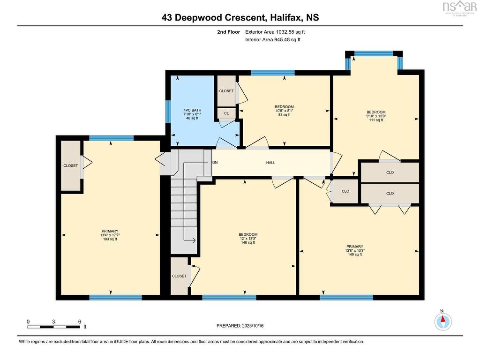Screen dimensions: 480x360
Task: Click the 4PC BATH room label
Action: click(x=192, y=110)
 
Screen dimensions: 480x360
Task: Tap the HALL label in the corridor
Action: click(x=270, y=163)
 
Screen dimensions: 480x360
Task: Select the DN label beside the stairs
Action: click(x=215, y=162)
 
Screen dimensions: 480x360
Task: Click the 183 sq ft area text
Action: click(x=110, y=239)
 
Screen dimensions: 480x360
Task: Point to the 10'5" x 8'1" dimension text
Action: click(x=285, y=111)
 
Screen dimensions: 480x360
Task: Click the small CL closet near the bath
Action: click(x=226, y=113)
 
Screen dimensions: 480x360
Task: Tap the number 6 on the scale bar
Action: click(x=80, y=322)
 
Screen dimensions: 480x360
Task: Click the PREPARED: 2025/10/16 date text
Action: click(x=240, y=326)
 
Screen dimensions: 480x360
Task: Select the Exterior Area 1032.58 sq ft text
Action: click(x=275, y=32)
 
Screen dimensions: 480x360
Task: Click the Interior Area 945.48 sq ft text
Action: click(x=273, y=39)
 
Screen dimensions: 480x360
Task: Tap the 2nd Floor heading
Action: click(x=229, y=32)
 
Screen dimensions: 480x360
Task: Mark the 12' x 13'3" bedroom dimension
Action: click(x=248, y=239)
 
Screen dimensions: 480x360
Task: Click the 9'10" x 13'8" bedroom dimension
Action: click(x=376, y=116)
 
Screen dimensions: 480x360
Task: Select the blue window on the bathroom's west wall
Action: click(x=168, y=112)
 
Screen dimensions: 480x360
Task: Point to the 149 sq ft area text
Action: click(x=355, y=255)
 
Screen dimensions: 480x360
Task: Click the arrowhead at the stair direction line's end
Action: click(x=194, y=240)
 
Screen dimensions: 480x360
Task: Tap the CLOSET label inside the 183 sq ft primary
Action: click(x=70, y=165)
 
